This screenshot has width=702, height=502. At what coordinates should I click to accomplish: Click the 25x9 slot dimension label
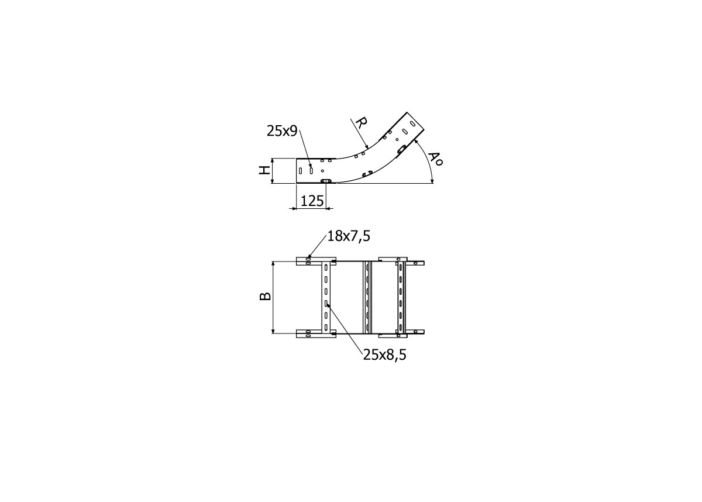pos(283,132)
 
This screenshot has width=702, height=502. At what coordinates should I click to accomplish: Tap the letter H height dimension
pos(265,170)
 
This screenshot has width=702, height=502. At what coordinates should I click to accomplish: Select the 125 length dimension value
pos(312,201)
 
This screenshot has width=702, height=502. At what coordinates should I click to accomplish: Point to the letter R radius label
pos(361,123)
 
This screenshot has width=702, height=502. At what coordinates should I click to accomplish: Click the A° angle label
pos(435,159)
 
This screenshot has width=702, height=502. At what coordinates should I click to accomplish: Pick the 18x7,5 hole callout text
pos(349,236)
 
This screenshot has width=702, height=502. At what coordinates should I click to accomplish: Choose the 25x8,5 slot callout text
pos(384,354)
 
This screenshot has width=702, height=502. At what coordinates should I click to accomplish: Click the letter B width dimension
pos(265,296)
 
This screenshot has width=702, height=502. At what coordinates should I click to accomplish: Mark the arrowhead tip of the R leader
pos(367,148)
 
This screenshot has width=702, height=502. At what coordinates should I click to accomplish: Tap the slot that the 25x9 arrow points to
pos(311,170)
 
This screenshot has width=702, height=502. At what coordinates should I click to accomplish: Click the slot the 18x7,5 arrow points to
pos(309,258)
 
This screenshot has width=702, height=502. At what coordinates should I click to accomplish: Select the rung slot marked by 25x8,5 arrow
pos(326,304)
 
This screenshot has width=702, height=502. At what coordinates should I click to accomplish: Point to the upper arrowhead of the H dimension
pos(273,160)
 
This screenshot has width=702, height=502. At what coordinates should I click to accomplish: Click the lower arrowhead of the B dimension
pos(273,332)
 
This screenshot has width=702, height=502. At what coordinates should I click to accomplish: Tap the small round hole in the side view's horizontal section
pos(322,171)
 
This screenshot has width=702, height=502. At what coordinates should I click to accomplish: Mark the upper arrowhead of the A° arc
pos(416,141)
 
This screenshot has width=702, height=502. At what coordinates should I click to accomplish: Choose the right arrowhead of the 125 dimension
pos(326,208)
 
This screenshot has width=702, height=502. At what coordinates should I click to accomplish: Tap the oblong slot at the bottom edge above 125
pos(326,181)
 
